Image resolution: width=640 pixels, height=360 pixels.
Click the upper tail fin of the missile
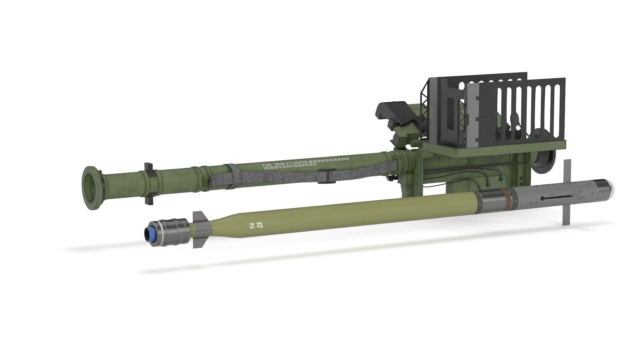[x=199, y=216]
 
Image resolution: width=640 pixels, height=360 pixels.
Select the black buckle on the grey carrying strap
[x=324, y=176]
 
